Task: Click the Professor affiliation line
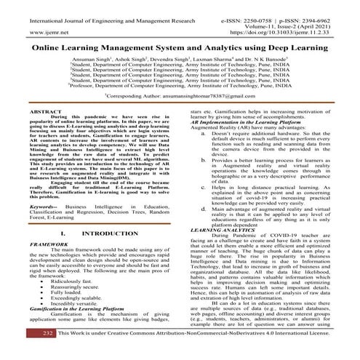pos(180,86)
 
